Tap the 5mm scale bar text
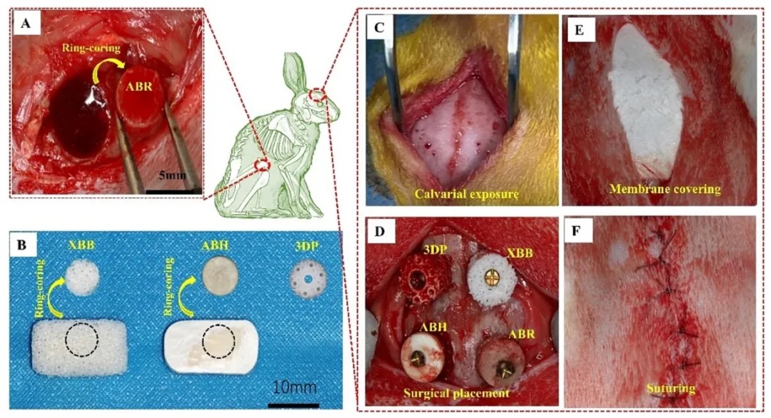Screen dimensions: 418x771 [x=173, y=180]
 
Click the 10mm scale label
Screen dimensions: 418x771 [x=296, y=390]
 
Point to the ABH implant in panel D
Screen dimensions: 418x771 [x=420, y=356]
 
